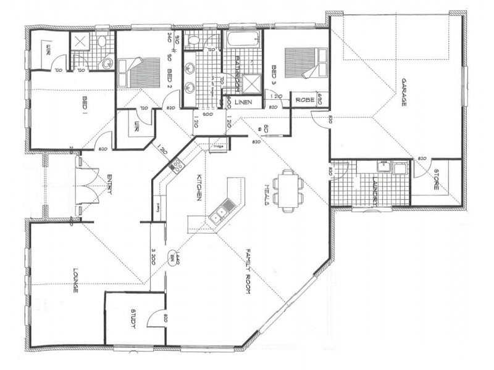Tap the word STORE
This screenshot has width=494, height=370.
point(437,179)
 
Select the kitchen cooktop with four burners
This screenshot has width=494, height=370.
point(175,165)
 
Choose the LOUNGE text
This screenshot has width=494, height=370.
point(75,279)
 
